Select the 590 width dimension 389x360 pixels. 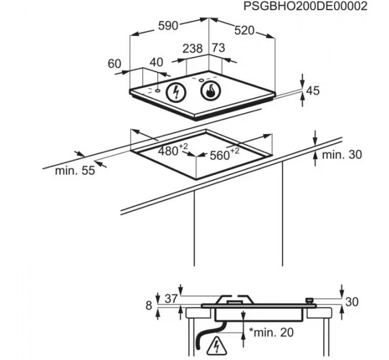pyautogui.click(x=168, y=26)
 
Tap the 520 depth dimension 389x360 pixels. pyautogui.click(x=244, y=31)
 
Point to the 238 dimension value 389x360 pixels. pyautogui.click(x=193, y=49)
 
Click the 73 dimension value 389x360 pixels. pyautogui.click(x=218, y=49)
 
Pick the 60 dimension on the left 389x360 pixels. pyautogui.click(x=115, y=64)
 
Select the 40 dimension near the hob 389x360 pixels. pyautogui.click(x=156, y=62)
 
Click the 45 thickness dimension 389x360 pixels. pyautogui.click(x=312, y=91)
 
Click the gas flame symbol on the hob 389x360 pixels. pyautogui.click(x=209, y=90)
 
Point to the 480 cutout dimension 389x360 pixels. pyautogui.click(x=169, y=151)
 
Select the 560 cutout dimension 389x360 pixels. pyautogui.click(x=220, y=154)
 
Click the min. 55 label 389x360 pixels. pyautogui.click(x=74, y=171)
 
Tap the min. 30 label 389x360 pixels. pyautogui.click(x=342, y=154)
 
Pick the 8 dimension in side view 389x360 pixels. pyautogui.click(x=149, y=306)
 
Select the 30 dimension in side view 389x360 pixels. pyautogui.click(x=353, y=302)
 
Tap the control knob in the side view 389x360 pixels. pyautogui.click(x=309, y=299)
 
